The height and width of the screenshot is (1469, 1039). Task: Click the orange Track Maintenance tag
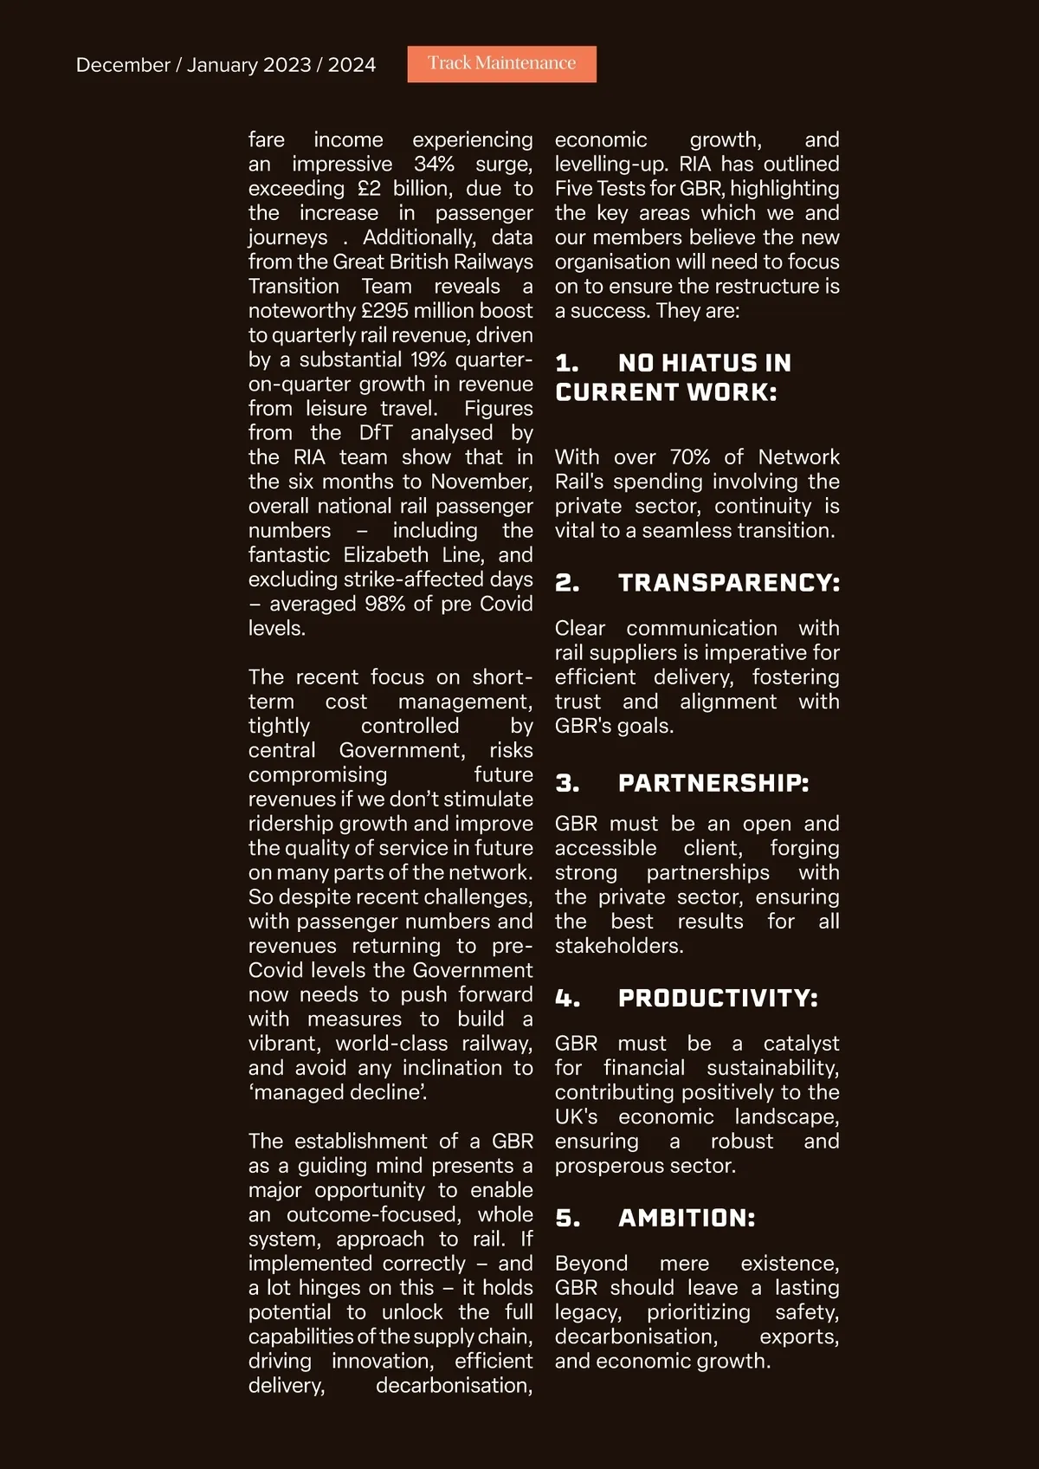tap(501, 63)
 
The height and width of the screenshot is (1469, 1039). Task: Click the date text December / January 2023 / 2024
tap(226, 65)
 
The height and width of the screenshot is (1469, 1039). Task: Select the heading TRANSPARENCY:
tap(728, 583)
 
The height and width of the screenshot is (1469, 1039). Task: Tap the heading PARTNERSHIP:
tap(713, 783)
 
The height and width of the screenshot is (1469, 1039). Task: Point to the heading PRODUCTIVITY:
tap(717, 999)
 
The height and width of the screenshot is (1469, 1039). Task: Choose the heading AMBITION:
tap(686, 1218)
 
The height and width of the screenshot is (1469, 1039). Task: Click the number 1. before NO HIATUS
tap(566, 363)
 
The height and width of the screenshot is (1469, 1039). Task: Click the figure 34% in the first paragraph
tap(434, 165)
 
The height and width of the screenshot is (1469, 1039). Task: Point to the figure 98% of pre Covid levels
tap(385, 604)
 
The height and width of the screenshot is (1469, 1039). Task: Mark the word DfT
tap(377, 433)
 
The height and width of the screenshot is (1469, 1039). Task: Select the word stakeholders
tap(618, 946)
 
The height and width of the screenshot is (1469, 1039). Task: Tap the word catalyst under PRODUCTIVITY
tap(801, 1044)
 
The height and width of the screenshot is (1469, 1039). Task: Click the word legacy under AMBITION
tap(587, 1313)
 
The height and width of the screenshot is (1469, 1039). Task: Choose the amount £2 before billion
tap(369, 189)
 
